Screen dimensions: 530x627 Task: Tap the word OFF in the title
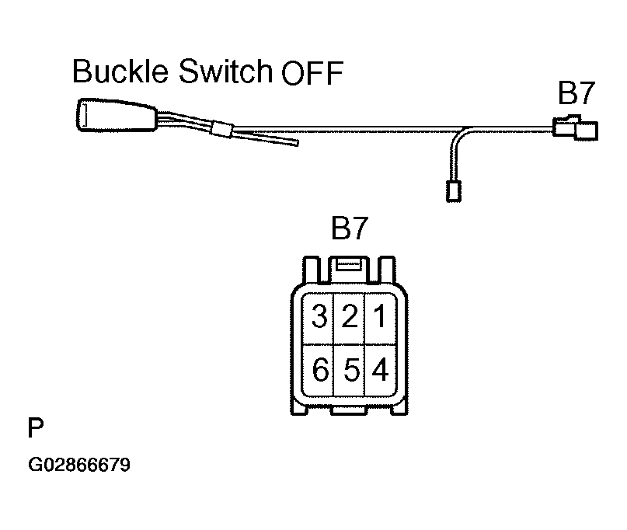(312, 75)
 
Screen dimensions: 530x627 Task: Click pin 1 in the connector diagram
(380, 317)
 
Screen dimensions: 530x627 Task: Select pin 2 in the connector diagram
(350, 317)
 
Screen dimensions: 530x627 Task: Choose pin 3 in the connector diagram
(319, 317)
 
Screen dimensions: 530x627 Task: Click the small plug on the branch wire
(451, 189)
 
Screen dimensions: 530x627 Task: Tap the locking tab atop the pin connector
(350, 266)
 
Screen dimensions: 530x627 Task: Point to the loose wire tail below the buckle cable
(272, 140)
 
